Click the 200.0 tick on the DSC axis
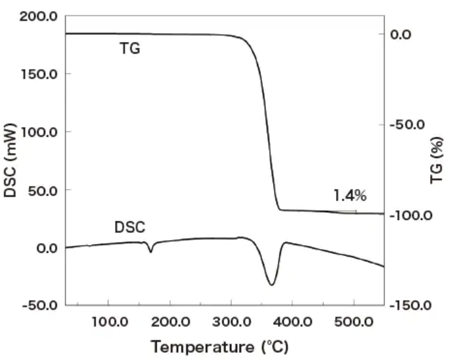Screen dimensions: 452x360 38,16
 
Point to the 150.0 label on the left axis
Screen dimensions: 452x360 39,74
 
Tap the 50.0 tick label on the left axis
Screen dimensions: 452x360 43,190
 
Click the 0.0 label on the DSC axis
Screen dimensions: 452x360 47,248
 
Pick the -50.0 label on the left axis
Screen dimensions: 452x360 40,305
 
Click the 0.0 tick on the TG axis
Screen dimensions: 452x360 401,35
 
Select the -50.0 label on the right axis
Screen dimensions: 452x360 407,125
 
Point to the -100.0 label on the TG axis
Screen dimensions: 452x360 411,215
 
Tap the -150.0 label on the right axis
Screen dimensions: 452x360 411,305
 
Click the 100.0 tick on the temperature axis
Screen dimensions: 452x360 110,322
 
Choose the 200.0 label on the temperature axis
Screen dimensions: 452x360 170,322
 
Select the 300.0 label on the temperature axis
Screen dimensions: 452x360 232,322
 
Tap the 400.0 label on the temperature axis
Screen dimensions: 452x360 293,322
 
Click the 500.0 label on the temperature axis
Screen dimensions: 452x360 354,322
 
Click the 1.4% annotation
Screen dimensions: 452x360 350,195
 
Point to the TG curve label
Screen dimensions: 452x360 130,48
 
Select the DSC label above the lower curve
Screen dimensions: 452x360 130,227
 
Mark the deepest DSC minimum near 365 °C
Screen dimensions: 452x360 272,285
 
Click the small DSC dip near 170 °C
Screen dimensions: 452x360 150,252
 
